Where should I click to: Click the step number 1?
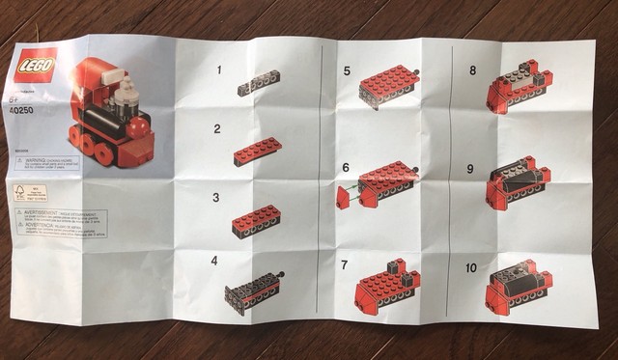pos(219,70)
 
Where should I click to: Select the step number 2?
pos(217,128)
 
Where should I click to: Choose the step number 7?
pos(345,263)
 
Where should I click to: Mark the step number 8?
pos(472,70)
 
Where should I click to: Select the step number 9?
pos(470,168)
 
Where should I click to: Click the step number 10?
pos(471,266)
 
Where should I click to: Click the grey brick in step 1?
pos(259,84)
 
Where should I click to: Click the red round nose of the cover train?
pos(138,125)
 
